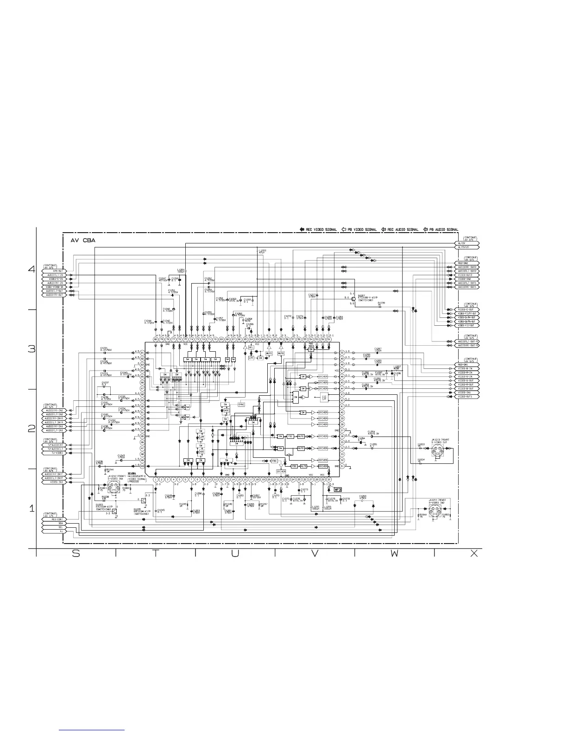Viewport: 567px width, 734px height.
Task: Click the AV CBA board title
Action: coord(83,240)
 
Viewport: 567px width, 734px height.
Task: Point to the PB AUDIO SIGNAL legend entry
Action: coord(442,229)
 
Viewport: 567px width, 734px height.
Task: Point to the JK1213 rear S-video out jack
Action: coord(436,454)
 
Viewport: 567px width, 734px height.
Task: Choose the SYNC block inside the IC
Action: coord(241,404)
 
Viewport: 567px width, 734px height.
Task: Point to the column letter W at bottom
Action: coord(394,554)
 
